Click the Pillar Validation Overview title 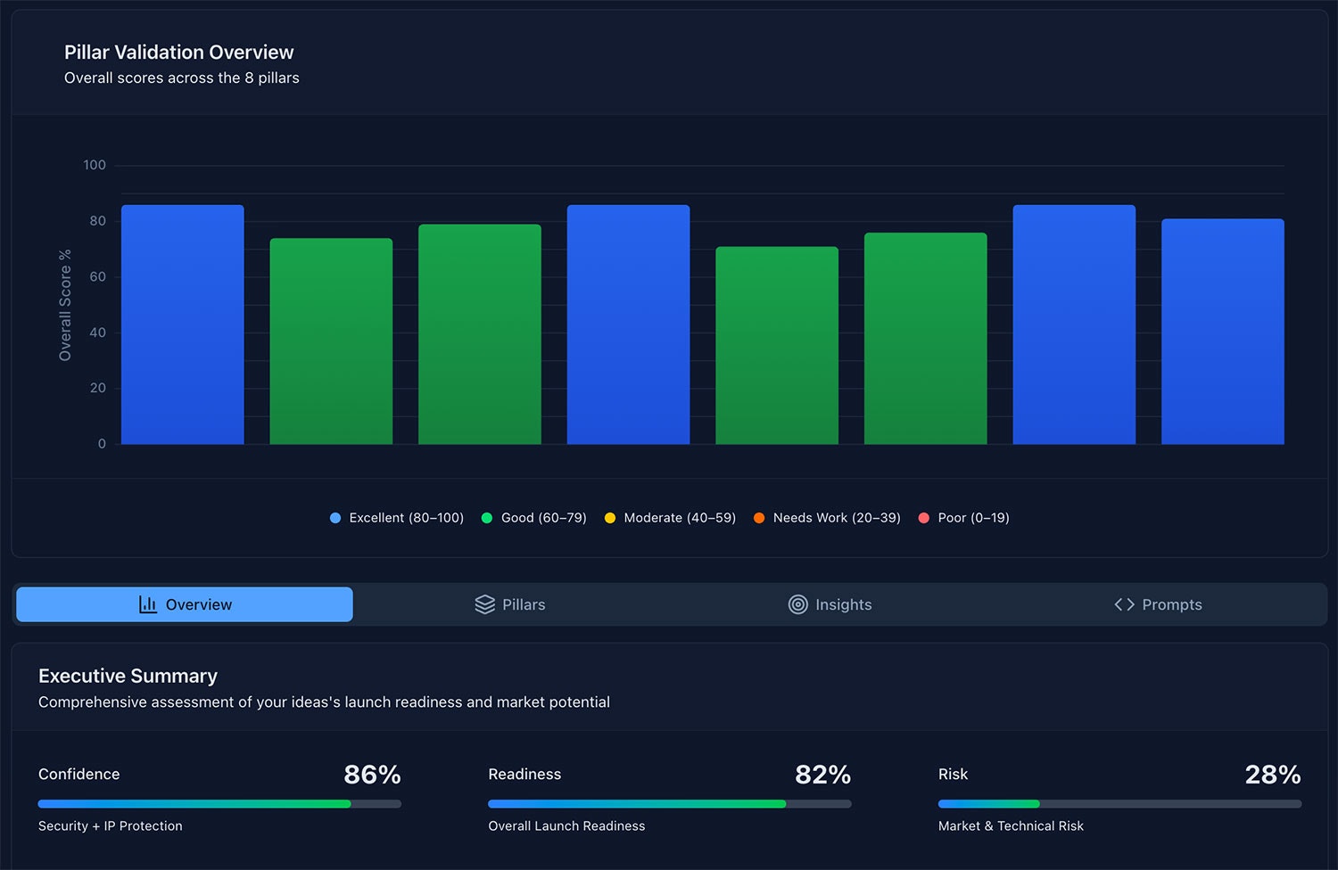click(x=178, y=53)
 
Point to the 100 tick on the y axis click(x=95, y=165)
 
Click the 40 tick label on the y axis click(x=97, y=332)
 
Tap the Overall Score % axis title click(x=65, y=305)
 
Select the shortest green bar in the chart click(x=776, y=346)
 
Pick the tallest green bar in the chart click(x=479, y=334)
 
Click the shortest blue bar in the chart click(x=1222, y=332)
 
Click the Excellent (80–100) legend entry click(x=397, y=518)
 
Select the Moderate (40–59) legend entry click(x=670, y=518)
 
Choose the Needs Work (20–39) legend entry click(x=827, y=518)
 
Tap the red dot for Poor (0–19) click(x=923, y=518)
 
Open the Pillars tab click(x=510, y=604)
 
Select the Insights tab click(x=830, y=604)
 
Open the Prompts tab click(x=1158, y=604)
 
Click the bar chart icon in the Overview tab click(x=148, y=604)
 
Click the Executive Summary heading click(x=128, y=676)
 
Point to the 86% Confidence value click(x=372, y=775)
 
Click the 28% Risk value click(x=1272, y=775)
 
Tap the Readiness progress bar click(x=669, y=804)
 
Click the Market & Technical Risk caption click(x=1011, y=826)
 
